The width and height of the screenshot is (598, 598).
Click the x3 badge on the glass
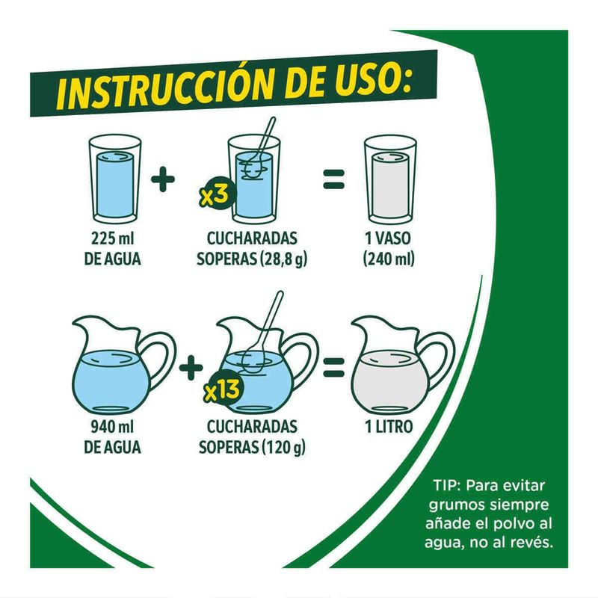pos(215,196)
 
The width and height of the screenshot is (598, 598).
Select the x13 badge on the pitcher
pos(222,390)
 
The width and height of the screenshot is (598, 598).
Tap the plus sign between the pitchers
pos(191,367)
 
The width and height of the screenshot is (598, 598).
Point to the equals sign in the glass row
pos(333,179)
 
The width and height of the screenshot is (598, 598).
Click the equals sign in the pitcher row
pos(333,367)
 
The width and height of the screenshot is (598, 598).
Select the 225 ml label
pos(113,238)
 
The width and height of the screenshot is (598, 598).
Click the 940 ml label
pos(112,427)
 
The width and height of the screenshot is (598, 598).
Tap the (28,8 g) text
pos(283,259)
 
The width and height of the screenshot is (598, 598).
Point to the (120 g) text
pos(283,447)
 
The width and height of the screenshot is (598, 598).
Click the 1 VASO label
pos(388,238)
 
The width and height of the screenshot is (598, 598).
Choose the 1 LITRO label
pos(389,427)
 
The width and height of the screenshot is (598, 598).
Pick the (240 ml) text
pos(389,259)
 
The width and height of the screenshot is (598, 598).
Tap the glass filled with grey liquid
pos(390,180)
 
